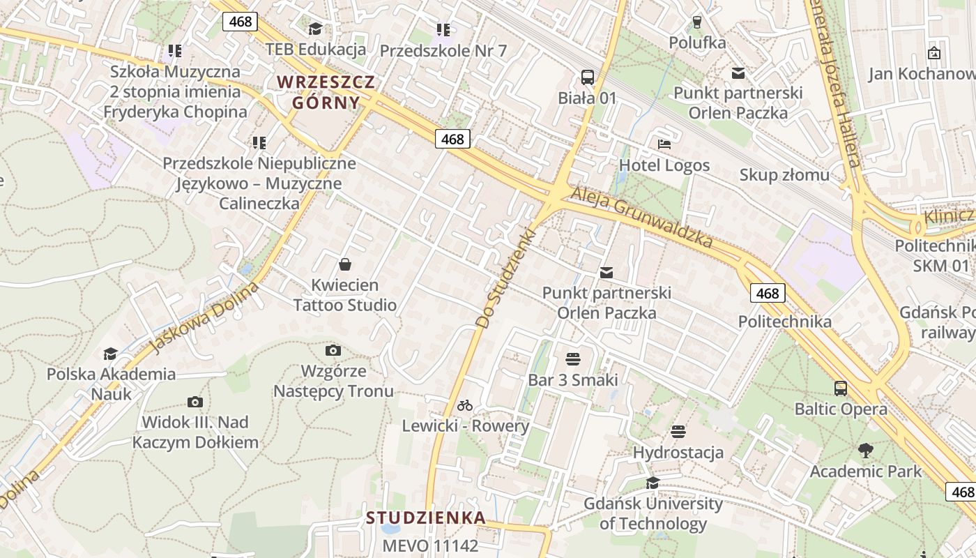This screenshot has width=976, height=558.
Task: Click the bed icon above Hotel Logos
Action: (664, 144)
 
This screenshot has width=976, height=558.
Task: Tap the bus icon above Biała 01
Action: (588, 77)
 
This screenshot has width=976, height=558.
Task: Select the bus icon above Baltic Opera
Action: (841, 388)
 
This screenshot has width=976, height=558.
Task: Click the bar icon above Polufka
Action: (696, 22)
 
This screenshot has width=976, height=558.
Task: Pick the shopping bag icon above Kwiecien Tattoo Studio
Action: (344, 264)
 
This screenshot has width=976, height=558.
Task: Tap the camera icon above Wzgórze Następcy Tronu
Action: (333, 349)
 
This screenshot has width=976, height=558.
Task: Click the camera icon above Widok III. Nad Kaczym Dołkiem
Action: (195, 402)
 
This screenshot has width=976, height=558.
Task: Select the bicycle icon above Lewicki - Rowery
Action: (465, 405)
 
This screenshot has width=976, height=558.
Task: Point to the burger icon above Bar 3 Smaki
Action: (573, 359)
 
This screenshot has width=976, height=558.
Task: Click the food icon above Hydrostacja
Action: (678, 432)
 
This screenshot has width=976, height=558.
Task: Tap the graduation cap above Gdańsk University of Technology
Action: (653, 483)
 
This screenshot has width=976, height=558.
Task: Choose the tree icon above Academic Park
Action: (866, 451)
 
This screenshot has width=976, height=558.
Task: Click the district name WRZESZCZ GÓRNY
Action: (326, 92)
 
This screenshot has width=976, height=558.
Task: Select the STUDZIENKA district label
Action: (426, 518)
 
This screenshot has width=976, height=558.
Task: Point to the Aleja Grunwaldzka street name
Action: (642, 217)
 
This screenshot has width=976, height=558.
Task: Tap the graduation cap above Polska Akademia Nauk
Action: (110, 354)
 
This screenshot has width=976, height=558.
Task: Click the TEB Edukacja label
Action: (316, 49)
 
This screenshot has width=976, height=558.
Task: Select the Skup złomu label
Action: (784, 174)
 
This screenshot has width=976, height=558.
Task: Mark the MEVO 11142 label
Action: (430, 545)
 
